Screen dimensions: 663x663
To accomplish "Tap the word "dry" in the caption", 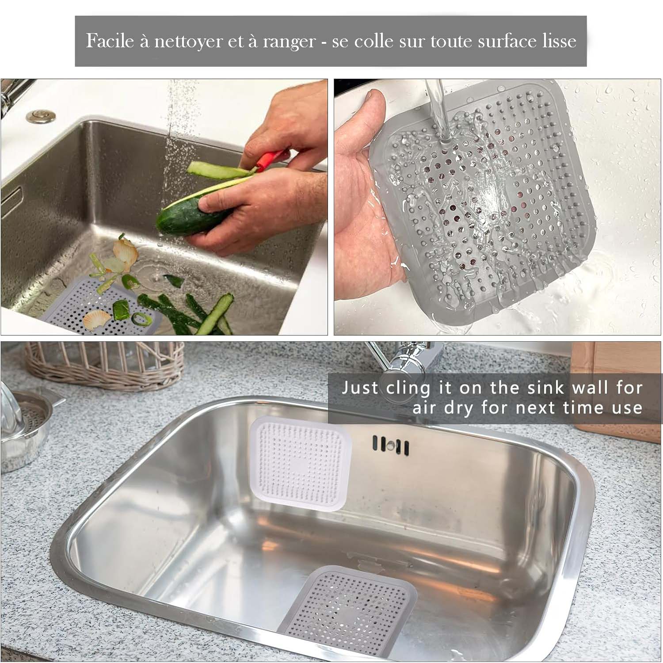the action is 459,408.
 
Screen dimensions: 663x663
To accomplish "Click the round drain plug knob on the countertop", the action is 41,116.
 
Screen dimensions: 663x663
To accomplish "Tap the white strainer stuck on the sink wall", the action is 301,465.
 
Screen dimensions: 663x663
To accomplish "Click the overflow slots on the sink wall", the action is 391,445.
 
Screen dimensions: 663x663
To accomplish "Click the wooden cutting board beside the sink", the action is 619,389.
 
